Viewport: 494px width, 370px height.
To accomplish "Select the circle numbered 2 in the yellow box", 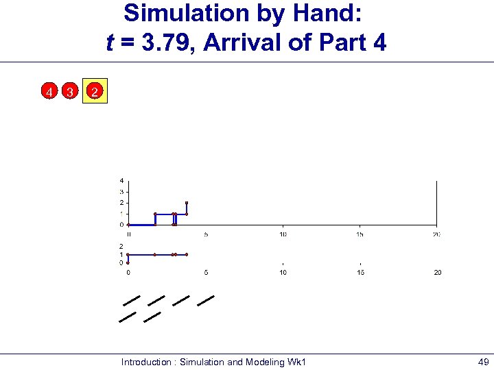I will [95, 90].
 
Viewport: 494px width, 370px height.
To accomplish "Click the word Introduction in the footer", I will [147, 362].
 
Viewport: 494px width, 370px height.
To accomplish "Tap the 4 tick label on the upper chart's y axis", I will [122, 181].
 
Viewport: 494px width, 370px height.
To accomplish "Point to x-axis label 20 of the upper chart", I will [437, 234].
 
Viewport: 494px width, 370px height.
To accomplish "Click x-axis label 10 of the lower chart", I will [283, 273].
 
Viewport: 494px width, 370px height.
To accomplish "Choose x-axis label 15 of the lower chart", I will [361, 273].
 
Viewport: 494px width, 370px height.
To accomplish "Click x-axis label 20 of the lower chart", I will [438, 273].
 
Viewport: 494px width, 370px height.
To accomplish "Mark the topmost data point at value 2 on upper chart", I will [187, 203].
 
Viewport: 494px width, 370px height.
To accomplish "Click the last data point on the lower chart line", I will [187, 254].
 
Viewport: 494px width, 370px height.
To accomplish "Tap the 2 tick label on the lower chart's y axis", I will [121, 246].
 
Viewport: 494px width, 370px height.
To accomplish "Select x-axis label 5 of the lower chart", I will [206, 273].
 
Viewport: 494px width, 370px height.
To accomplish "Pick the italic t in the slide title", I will [111, 42].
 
